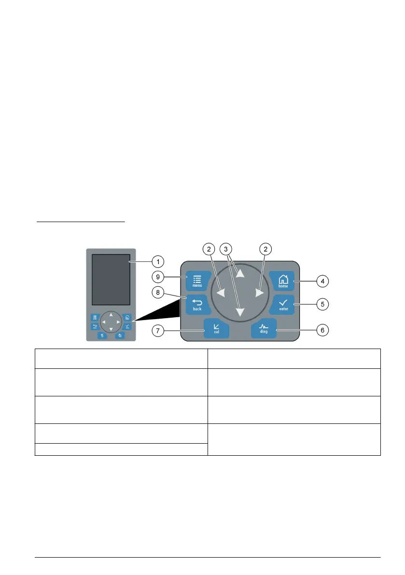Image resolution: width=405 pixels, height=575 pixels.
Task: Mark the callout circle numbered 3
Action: tap(225, 249)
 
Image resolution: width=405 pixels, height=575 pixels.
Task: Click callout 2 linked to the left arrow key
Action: tap(209, 249)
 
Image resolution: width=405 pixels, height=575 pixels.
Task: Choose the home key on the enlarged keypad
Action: tap(283, 280)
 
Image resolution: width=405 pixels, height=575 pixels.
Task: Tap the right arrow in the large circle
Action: tap(260, 293)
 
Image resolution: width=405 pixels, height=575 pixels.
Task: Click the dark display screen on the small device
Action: tap(111, 279)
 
